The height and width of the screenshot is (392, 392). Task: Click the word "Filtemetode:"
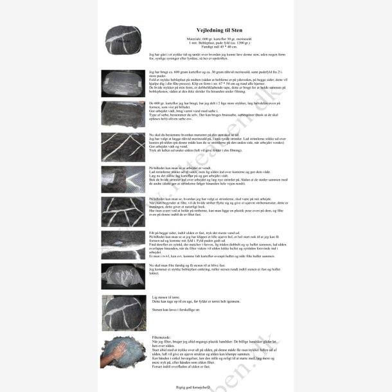point(161,337)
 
